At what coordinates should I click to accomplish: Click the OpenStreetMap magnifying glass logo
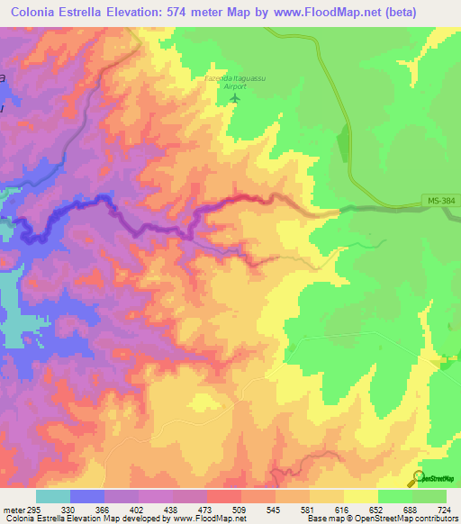point(417,479)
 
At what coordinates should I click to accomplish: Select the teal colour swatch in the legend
point(53,496)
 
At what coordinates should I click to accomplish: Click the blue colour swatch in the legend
point(87,496)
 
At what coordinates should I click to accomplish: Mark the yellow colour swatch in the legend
point(361,496)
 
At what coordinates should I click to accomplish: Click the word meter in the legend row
point(10,509)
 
